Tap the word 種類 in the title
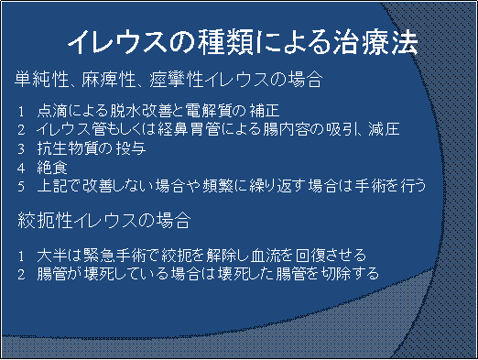(x=225, y=42)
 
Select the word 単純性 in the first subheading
(x=41, y=80)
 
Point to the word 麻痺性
(x=108, y=80)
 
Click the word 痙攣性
(x=177, y=80)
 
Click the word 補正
(x=265, y=110)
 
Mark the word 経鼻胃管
(x=188, y=129)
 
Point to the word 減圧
(x=384, y=129)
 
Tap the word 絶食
(x=52, y=168)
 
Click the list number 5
(x=21, y=187)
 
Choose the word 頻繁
(x=218, y=186)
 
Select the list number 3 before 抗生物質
(x=21, y=149)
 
